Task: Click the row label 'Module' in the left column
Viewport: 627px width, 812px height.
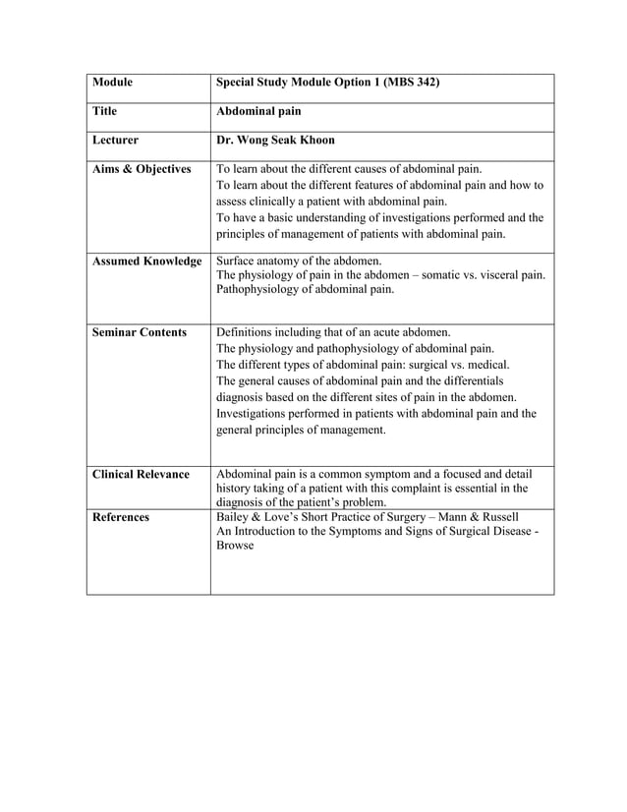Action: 112,83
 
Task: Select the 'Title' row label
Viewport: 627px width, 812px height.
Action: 106,112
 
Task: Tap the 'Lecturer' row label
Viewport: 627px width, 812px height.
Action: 115,141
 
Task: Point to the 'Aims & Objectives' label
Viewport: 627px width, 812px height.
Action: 142,169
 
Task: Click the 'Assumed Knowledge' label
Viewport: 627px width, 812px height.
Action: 146,261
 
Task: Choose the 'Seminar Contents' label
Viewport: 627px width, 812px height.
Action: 139,332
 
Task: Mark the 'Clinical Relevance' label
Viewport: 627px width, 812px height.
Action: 140,474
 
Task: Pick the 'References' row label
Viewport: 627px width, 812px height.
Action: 121,516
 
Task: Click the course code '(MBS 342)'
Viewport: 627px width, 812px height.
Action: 405,83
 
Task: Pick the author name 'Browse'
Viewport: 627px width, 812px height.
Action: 235,545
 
